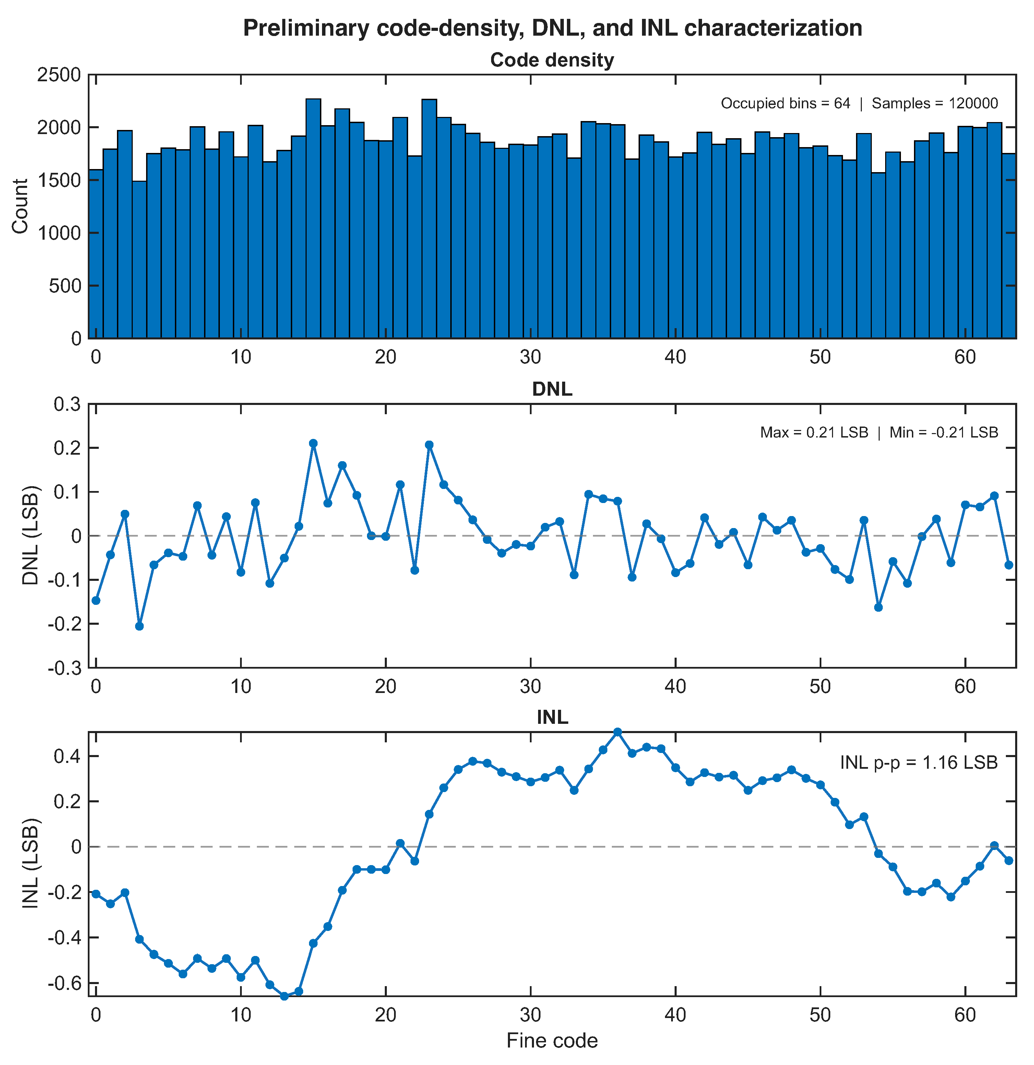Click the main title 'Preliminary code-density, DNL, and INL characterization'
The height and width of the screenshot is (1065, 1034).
[x=552, y=28]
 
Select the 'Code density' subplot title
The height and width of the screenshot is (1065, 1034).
[x=552, y=60]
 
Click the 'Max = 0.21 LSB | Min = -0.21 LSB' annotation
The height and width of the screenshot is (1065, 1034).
[x=879, y=432]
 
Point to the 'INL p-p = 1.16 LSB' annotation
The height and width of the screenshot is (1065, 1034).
[x=919, y=763]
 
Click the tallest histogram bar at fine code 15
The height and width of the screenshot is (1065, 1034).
[x=313, y=218]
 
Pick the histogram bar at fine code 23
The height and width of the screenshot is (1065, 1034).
[x=429, y=218]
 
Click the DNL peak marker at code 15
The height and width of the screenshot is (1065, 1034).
[x=313, y=443]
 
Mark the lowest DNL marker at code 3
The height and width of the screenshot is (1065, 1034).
[x=140, y=626]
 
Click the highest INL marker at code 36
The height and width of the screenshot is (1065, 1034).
[x=618, y=732]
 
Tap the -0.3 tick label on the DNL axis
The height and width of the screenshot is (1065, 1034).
[x=64, y=668]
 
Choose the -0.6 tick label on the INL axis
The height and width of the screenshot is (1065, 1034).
[x=64, y=983]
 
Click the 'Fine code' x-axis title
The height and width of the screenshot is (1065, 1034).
[x=552, y=1041]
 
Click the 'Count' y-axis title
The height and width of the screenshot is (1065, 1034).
[x=20, y=206]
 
